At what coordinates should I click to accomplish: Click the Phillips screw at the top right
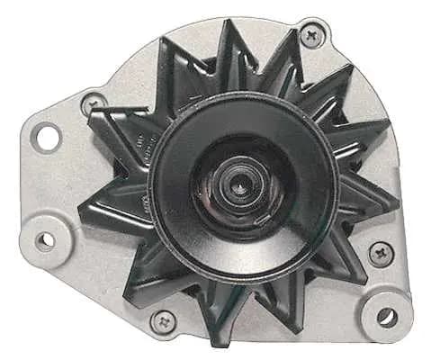311,37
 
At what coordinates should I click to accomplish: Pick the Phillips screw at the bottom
164,319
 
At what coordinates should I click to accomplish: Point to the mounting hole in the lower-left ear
44,240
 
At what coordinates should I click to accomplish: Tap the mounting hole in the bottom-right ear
386,316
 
